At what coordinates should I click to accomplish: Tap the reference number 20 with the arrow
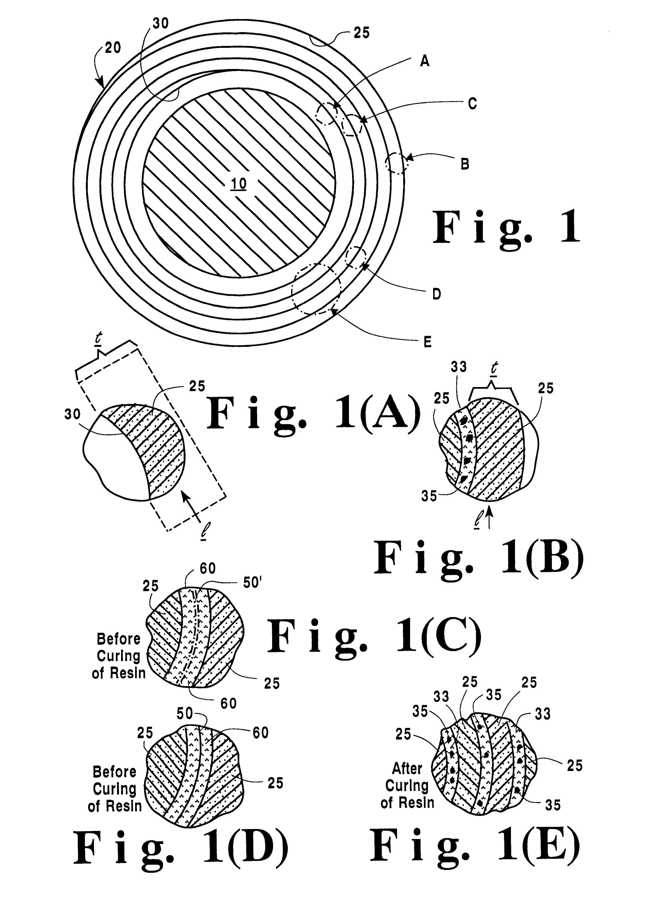pos(113,48)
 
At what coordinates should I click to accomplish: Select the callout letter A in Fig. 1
pos(425,62)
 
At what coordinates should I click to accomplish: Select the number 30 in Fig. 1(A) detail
pos(73,414)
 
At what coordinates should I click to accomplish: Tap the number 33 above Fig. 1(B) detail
pos(458,367)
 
